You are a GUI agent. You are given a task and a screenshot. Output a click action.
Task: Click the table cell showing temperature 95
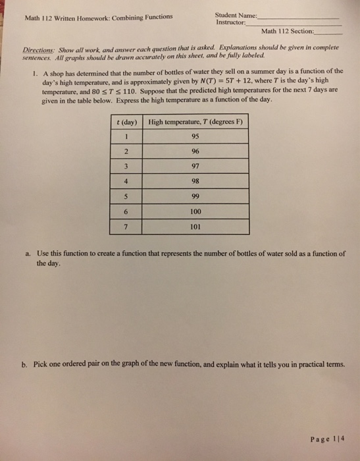pyautogui.click(x=195, y=137)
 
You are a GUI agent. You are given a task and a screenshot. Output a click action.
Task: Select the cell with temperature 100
pyautogui.click(x=195, y=213)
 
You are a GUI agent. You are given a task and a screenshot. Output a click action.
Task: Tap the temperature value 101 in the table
pyautogui.click(x=195, y=228)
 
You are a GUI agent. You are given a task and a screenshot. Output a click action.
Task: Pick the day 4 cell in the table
pyautogui.click(x=125, y=182)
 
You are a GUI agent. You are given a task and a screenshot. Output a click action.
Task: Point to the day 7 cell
pyautogui.click(x=125, y=228)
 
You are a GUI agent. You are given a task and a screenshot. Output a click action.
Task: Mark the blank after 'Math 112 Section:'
pyautogui.click(x=329, y=32)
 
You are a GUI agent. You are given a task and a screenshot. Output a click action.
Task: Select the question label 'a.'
pyautogui.click(x=28, y=253)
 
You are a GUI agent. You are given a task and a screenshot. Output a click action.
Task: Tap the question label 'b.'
pyautogui.click(x=28, y=365)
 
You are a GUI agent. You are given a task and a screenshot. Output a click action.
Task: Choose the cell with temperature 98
pyautogui.click(x=195, y=182)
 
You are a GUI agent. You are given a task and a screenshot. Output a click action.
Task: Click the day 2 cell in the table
pyautogui.click(x=125, y=152)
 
